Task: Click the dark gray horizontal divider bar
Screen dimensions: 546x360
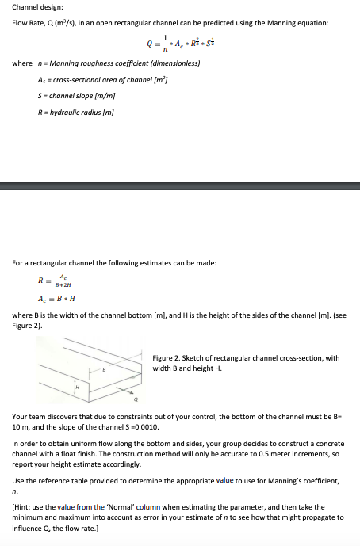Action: tap(180, 187)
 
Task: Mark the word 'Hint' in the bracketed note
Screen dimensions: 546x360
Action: tap(22, 507)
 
